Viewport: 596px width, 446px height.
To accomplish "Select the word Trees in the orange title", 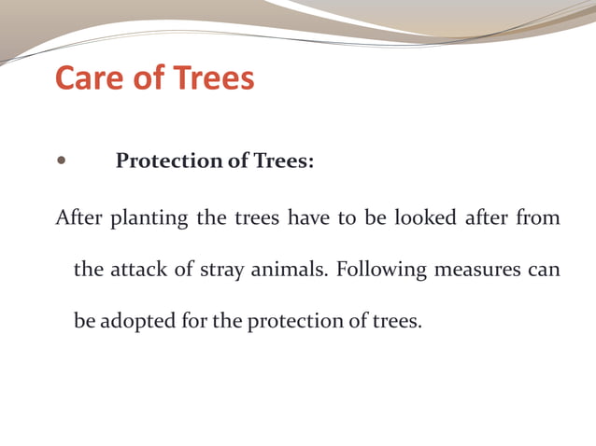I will [x=212, y=77].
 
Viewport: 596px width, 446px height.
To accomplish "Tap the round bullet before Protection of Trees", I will [x=63, y=160].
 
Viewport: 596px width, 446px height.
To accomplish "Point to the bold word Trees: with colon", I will [x=284, y=161].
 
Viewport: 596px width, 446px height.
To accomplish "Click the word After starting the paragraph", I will [x=79, y=218].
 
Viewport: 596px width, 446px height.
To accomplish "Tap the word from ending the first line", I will [x=538, y=218].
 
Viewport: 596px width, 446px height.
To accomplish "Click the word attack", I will [x=139, y=271].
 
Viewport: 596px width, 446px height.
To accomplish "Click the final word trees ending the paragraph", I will [x=398, y=322].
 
